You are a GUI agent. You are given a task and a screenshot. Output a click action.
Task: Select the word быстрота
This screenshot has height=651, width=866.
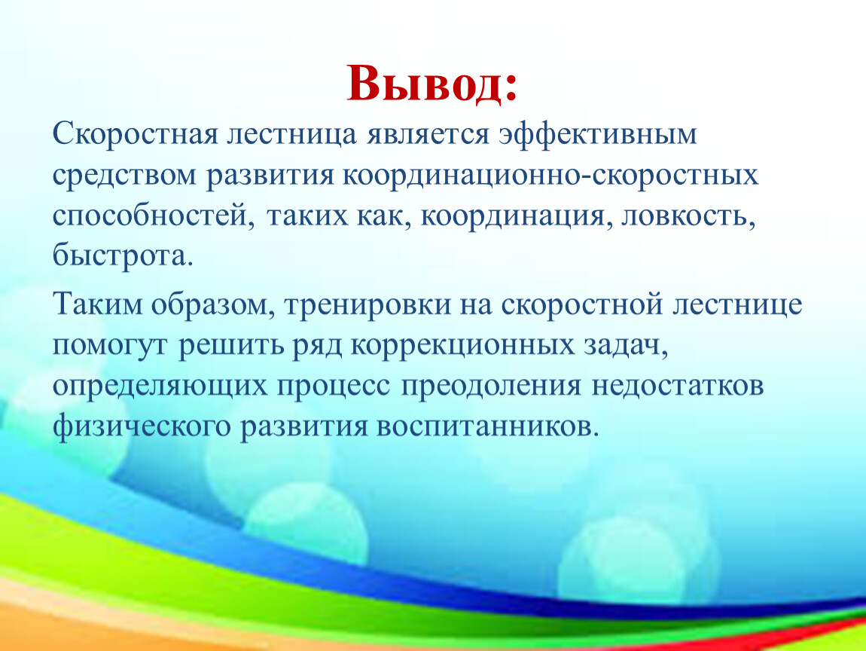[123, 256]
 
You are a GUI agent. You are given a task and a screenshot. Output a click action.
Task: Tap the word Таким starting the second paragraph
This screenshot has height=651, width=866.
[97, 305]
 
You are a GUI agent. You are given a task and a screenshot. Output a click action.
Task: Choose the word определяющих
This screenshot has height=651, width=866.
[160, 387]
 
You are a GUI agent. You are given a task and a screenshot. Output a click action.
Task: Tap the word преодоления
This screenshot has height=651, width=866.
[491, 387]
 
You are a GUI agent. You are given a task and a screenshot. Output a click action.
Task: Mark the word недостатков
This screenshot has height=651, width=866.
[678, 386]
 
